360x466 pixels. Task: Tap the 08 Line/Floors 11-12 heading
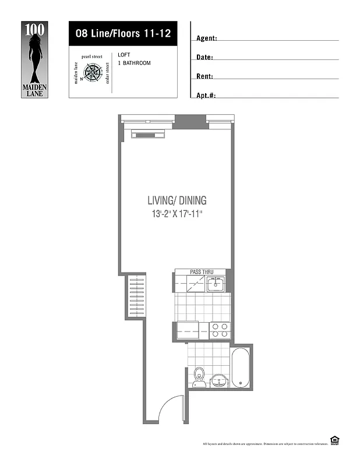point(122,33)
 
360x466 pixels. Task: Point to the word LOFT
point(124,55)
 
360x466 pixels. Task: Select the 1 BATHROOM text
point(134,63)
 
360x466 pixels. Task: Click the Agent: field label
point(207,38)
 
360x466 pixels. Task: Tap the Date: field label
point(204,58)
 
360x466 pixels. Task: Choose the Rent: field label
point(204,76)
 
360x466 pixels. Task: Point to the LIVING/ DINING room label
point(177,200)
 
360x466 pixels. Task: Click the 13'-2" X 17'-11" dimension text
point(177,214)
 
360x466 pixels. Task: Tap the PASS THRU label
point(202,271)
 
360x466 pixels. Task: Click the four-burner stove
point(220,330)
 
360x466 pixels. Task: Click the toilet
point(199,375)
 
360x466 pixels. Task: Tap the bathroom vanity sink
point(218,380)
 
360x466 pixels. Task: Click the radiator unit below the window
point(149,135)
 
